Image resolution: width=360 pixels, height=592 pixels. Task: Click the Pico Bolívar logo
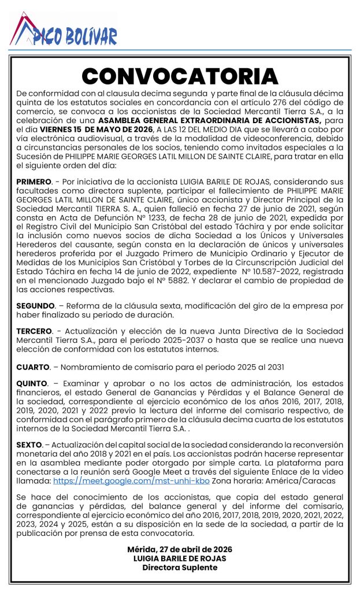(64, 30)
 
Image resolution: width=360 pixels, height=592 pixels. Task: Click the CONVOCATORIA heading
(180, 76)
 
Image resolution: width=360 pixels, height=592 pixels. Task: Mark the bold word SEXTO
(29, 445)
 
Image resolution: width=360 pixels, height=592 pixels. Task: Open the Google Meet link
(131, 480)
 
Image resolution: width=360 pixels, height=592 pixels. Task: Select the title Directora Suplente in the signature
(180, 567)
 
